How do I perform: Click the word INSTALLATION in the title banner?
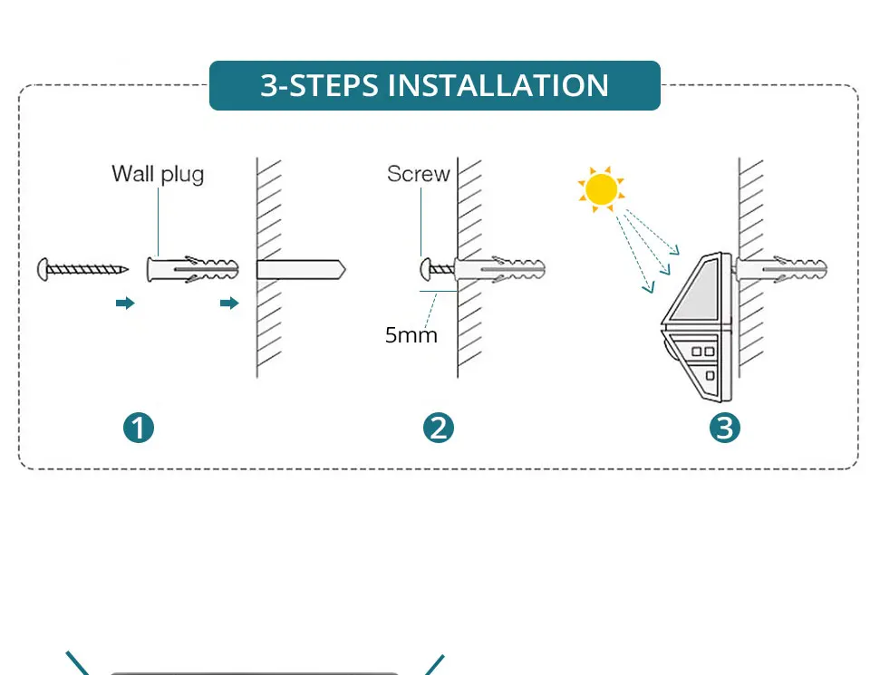[498, 85]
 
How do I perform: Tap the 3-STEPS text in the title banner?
[319, 85]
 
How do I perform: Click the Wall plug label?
[158, 173]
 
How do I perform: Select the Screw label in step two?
[418, 174]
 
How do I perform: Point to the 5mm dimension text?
[411, 335]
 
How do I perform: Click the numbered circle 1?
[139, 427]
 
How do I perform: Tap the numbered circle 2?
[439, 427]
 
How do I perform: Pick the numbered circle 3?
[724, 427]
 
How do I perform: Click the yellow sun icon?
[600, 189]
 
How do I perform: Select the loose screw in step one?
[82, 268]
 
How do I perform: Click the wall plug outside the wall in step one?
[192, 269]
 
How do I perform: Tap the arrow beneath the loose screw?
[125, 303]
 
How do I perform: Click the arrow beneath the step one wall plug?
[229, 303]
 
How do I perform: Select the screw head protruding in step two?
[425, 269]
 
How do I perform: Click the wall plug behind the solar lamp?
[782, 269]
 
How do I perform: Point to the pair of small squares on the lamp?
[704, 349]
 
